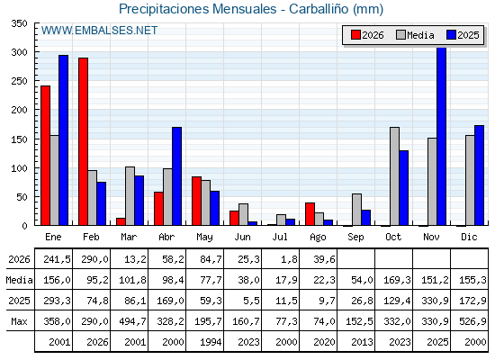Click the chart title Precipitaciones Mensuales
(197, 9)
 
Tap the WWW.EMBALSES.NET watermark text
(99, 31)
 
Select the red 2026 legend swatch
(355, 35)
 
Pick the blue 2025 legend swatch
(451, 35)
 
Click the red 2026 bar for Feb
(83, 141)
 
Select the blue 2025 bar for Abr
(176, 176)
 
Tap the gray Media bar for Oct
(395, 176)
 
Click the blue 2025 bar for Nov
(442, 137)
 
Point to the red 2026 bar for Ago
(310, 214)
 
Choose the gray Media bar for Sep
(356, 210)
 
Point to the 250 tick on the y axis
(19, 81)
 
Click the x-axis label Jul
(280, 237)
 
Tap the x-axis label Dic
(469, 237)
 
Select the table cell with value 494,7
(132, 321)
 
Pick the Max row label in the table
(19, 321)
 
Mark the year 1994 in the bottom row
(211, 342)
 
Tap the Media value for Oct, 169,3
(397, 280)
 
